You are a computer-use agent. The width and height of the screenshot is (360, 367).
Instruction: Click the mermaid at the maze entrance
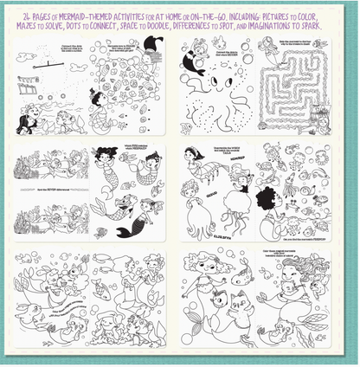pos(274,55)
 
